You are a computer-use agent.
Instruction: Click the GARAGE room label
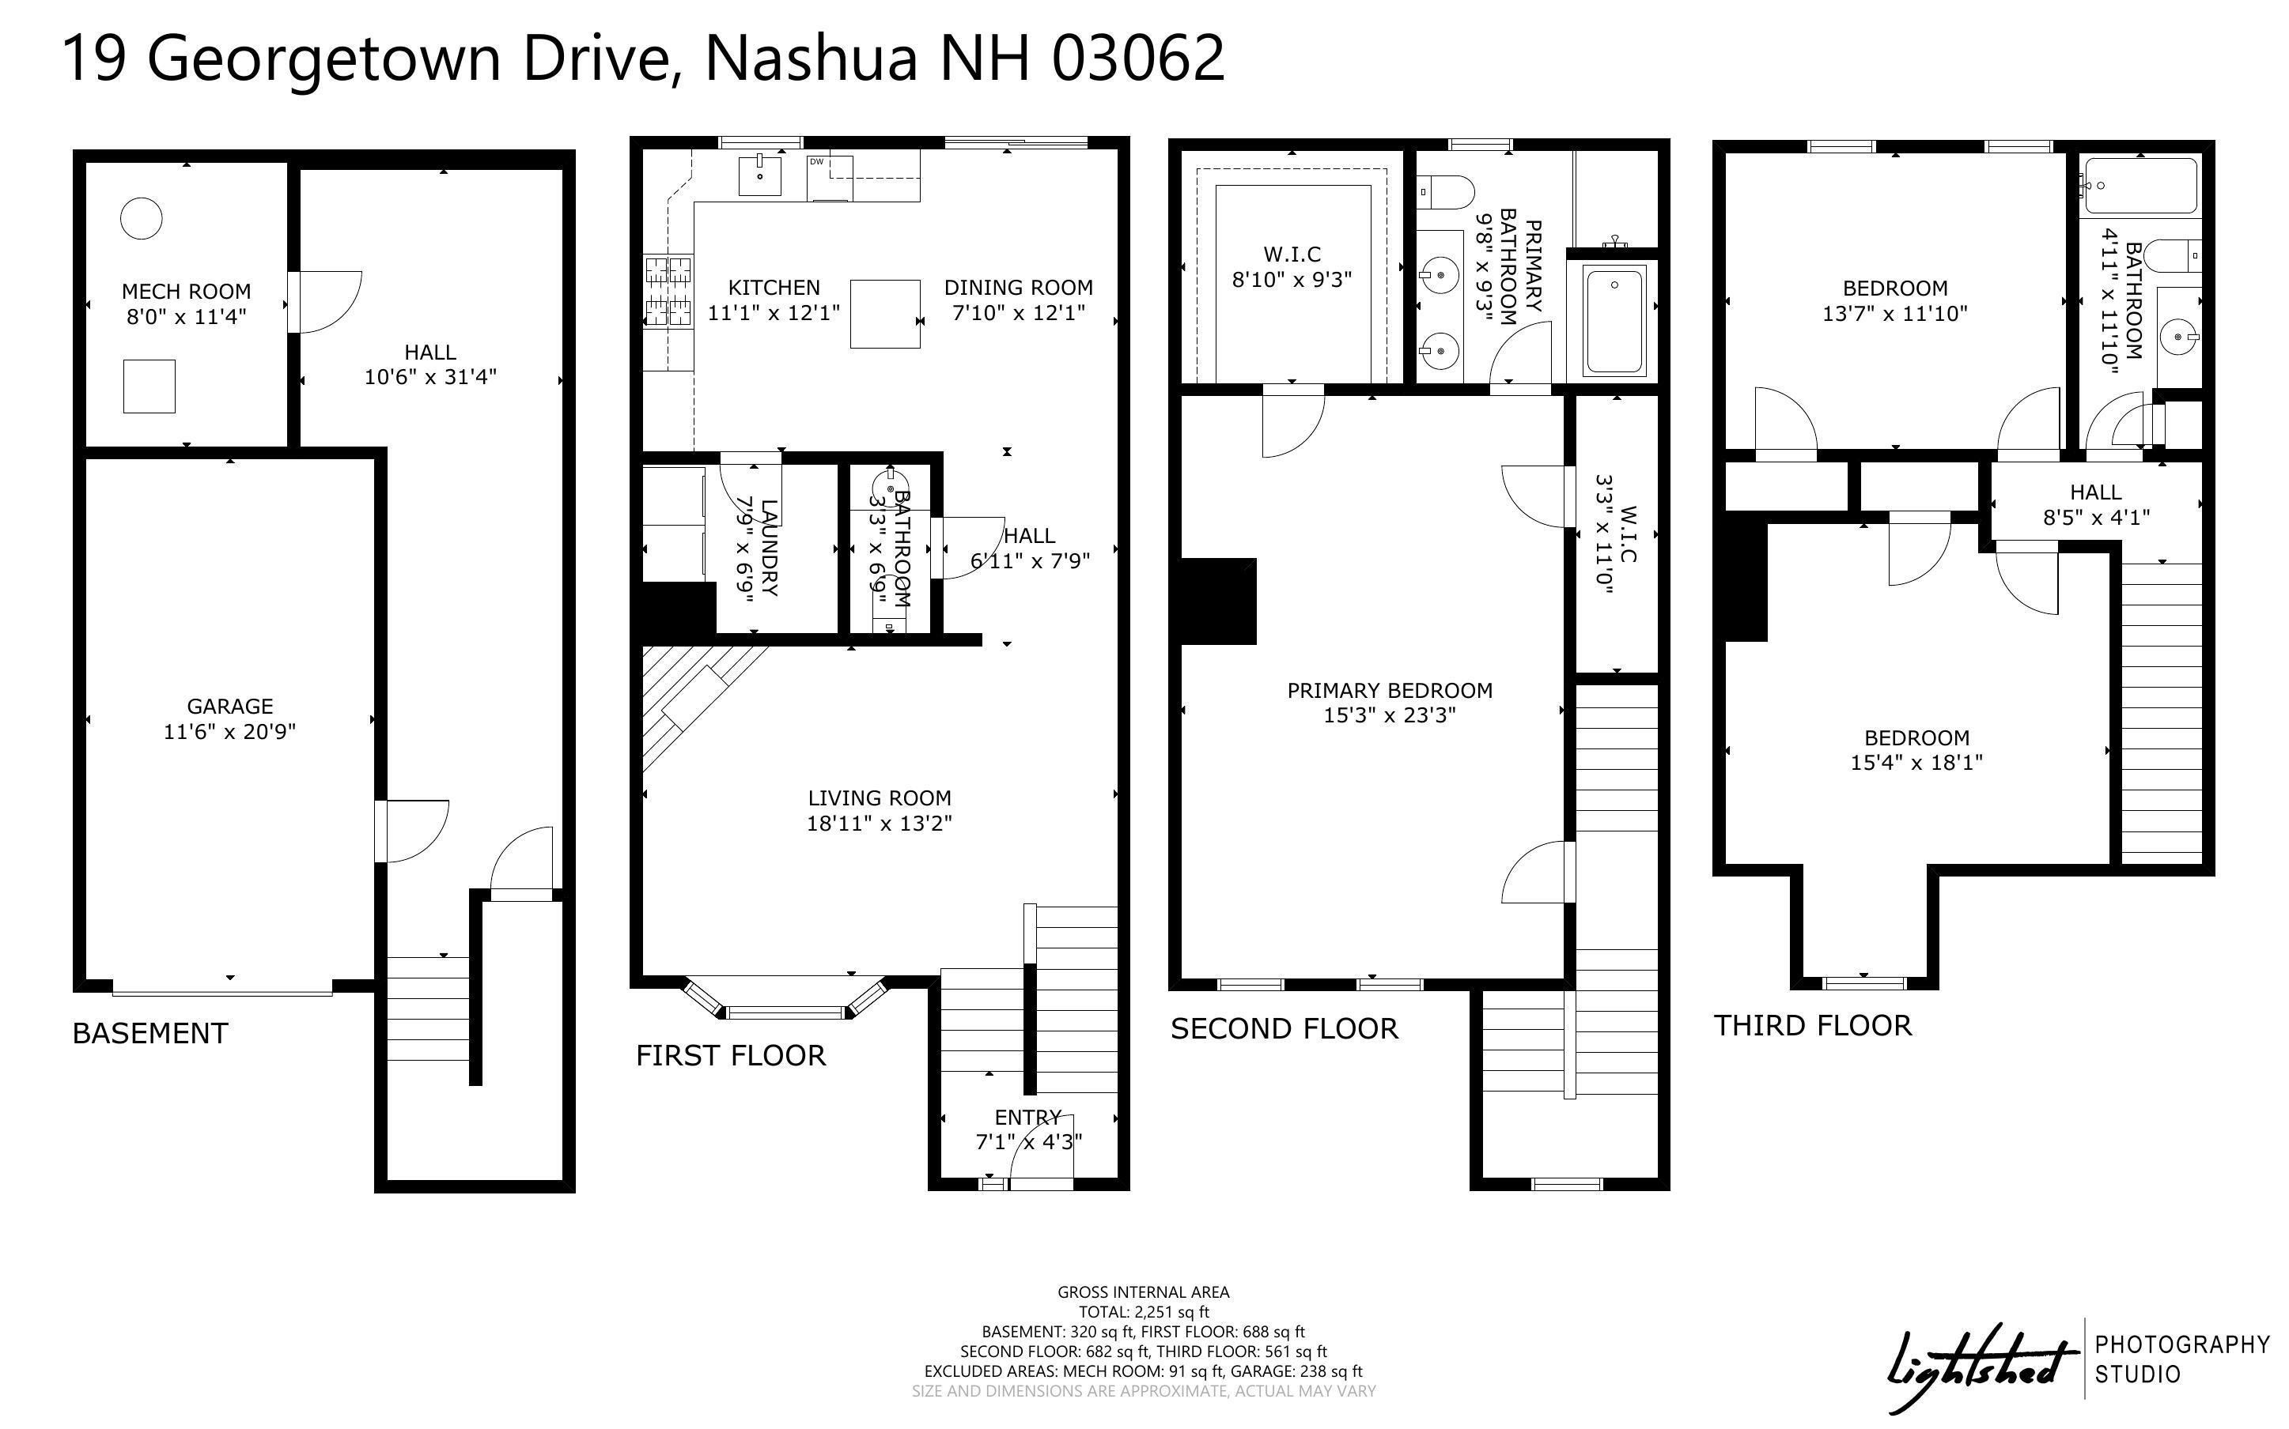tap(229, 706)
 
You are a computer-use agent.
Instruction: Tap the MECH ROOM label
tap(186, 291)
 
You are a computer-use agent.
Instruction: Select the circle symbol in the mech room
tap(141, 218)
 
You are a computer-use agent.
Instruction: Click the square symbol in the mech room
tap(149, 386)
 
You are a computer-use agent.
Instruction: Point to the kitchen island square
tap(885, 314)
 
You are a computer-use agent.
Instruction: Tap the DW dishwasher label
tap(816, 161)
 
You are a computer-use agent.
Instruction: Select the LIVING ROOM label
tap(880, 797)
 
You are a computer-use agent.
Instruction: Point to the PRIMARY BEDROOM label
tap(1390, 690)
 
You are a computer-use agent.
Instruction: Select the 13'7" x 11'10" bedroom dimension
tap(1895, 313)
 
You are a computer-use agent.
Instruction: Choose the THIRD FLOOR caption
tap(1813, 1025)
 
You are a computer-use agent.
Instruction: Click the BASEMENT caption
tap(150, 1033)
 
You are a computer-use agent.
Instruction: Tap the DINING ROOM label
tap(1018, 288)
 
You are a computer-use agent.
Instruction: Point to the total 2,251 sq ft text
tap(1144, 1312)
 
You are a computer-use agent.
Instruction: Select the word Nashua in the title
tap(812, 58)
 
